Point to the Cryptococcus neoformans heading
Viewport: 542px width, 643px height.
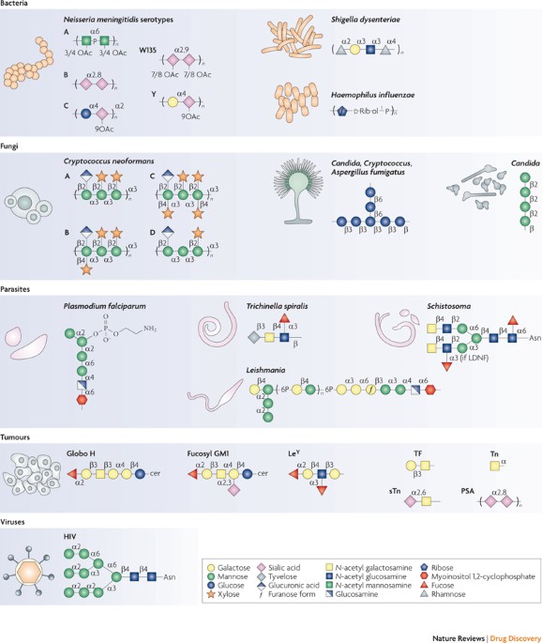114,162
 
